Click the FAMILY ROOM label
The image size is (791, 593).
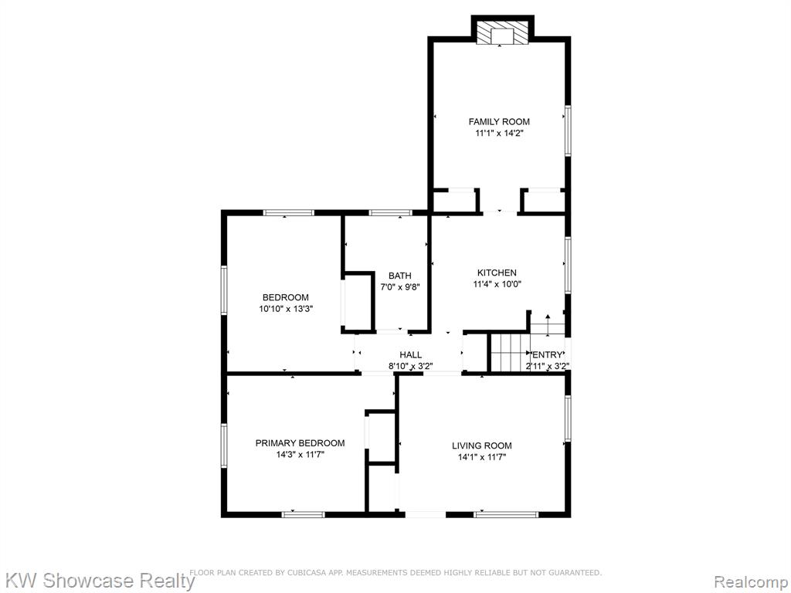499,121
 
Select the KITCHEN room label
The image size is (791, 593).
497,273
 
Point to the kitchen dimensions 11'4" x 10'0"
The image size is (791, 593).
497,284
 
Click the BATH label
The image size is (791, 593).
399,276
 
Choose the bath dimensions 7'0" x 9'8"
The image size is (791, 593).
399,287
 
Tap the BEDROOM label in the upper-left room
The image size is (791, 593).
285,297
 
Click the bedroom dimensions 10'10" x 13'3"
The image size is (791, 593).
286,309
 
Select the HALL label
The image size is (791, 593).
411,355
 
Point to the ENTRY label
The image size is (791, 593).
548,355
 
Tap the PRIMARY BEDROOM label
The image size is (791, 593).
300,443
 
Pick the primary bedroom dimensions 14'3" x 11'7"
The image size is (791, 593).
300,454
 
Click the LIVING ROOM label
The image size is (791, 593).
482,446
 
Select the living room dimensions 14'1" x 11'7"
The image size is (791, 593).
482,457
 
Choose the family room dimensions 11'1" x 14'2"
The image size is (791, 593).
499,133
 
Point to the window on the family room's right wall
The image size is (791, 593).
568,130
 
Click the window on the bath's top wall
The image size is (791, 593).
390,213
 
